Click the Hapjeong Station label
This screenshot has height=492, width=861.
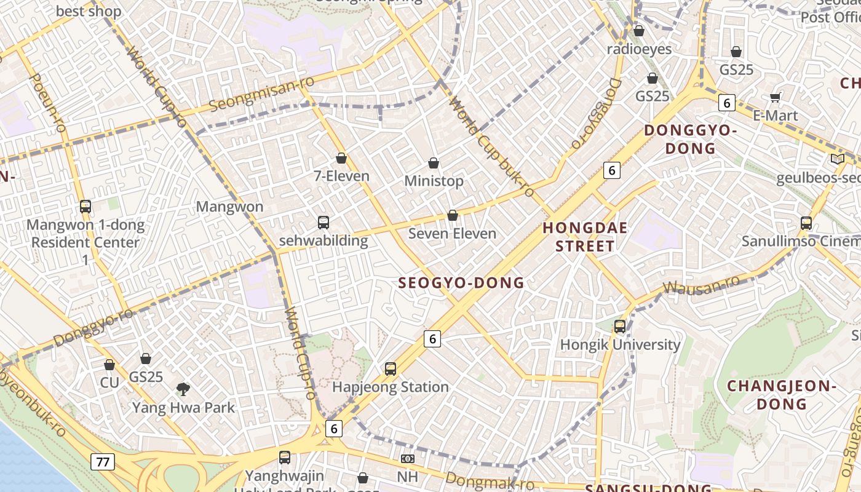391,387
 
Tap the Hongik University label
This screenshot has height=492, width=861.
620,344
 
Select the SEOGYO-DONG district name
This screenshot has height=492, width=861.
461,283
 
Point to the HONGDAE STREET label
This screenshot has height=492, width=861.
585,237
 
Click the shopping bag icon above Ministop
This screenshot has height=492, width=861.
434,163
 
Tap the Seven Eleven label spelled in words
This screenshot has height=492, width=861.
452,234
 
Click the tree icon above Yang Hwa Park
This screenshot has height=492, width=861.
183,389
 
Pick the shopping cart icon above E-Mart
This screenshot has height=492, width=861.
775,97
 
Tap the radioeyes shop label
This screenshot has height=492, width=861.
639,49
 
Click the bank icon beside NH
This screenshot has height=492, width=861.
407,459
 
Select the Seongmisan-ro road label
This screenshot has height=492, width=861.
261,94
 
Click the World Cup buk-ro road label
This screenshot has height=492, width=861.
492,148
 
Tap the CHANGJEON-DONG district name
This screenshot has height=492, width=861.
782,395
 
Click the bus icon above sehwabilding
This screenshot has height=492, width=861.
323,223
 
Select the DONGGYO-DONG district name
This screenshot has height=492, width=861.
690,139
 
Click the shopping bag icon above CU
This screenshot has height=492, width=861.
109,365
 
